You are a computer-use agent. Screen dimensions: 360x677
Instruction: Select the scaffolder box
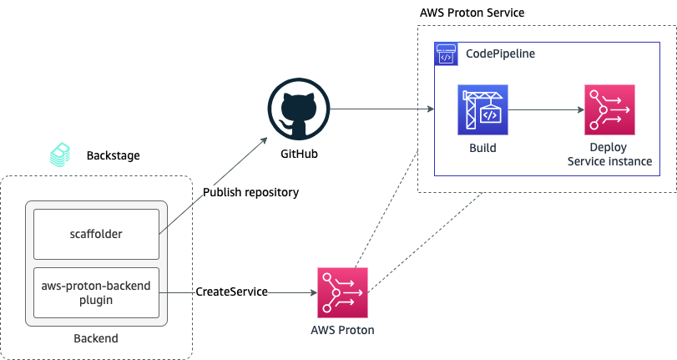coord(95,234)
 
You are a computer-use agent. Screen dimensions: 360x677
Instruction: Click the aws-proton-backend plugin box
coord(95,292)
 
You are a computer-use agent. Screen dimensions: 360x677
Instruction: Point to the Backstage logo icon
coord(61,155)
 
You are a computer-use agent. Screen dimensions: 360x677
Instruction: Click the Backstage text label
coord(113,155)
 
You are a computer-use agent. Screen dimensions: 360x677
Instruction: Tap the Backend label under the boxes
coord(95,338)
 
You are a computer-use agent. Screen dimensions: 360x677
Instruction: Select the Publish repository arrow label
coord(250,192)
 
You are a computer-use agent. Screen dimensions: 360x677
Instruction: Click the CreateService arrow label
coord(231,292)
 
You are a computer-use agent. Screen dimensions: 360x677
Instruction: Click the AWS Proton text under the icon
coord(342,330)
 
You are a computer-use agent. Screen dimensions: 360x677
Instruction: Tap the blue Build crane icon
coord(482,109)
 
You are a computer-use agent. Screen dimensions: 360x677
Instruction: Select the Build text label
coord(482,148)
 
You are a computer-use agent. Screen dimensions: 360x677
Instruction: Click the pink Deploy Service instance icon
coord(609,109)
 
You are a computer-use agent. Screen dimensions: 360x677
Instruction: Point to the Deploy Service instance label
coord(609,155)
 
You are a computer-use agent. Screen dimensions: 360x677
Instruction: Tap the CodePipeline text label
coord(500,53)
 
